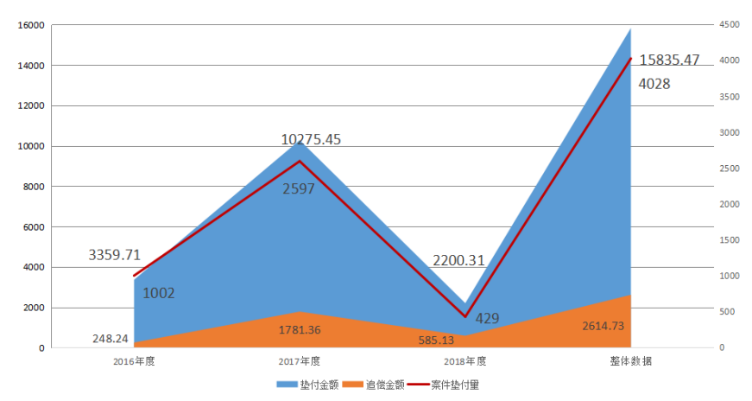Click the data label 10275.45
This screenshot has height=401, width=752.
point(312,139)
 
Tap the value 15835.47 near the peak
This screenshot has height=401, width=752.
point(670,60)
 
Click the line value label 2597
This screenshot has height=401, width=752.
point(299,188)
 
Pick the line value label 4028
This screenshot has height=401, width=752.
point(654,84)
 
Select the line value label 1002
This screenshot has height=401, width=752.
point(159,293)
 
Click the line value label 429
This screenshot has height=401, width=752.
point(487,318)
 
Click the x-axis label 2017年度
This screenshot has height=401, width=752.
point(300,361)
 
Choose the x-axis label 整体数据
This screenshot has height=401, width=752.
point(630,361)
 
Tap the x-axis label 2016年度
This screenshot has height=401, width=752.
point(134,361)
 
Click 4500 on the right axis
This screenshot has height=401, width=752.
point(730,25)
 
